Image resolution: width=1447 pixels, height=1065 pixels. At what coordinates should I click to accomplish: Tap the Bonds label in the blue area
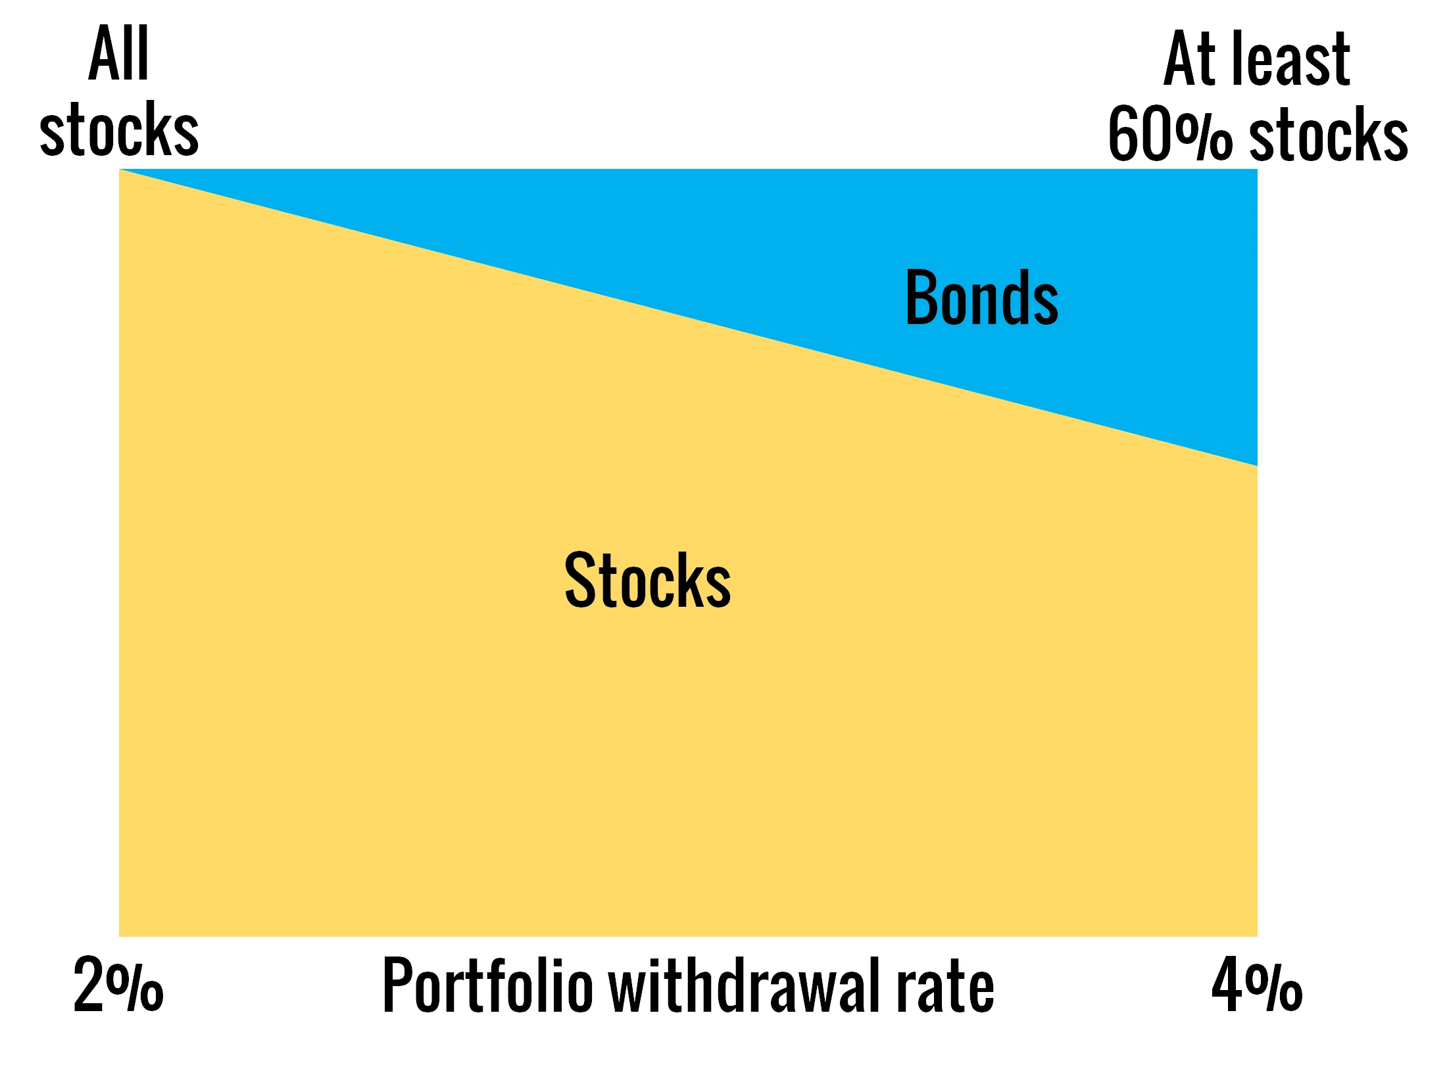pos(982,298)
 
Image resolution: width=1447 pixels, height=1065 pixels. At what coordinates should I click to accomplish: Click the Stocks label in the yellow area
pos(647,580)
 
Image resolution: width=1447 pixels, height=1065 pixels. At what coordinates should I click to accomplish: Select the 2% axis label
pos(118,985)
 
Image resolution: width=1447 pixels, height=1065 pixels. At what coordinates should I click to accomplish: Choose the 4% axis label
pos(1257,985)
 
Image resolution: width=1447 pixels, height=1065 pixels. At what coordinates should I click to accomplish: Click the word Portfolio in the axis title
pos(488,985)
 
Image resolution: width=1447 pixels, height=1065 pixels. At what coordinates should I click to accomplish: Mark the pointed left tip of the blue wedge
pos(120,170)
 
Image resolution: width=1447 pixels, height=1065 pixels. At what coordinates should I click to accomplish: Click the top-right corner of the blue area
pos(1257,170)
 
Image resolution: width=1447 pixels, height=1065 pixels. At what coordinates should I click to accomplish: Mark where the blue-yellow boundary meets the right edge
pos(1257,465)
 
